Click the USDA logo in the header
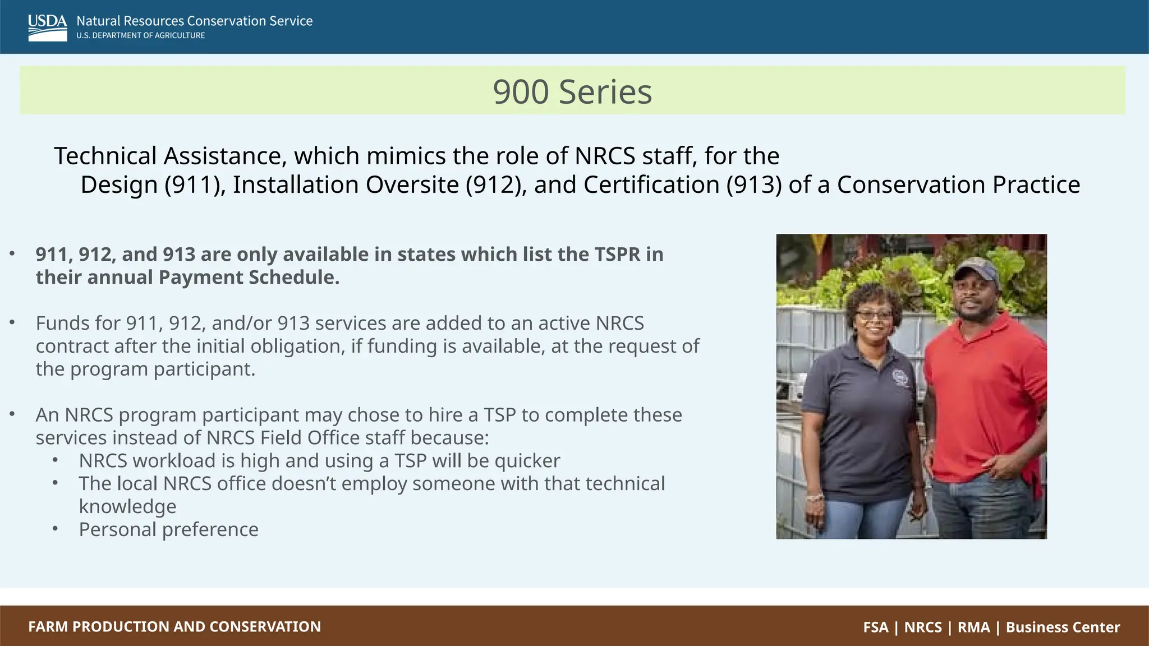(47, 27)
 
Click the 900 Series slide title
(572, 91)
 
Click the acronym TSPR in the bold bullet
(617, 255)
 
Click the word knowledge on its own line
(127, 507)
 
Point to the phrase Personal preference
(168, 530)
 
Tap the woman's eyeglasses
(874, 315)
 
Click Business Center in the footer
(1063, 627)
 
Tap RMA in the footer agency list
(973, 627)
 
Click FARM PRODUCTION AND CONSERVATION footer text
(174, 627)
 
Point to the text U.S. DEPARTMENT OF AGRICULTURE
(141, 35)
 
